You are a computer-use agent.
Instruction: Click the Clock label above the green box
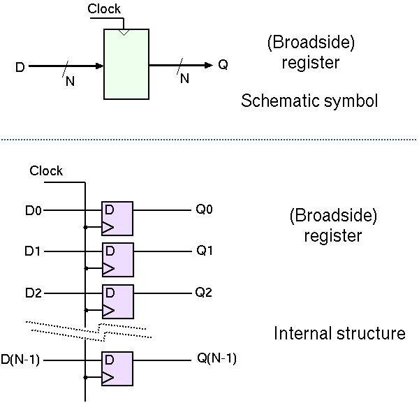[104, 9]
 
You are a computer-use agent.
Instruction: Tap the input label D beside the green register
[20, 67]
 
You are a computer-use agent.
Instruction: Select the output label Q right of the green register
[223, 66]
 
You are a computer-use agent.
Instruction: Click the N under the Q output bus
[184, 79]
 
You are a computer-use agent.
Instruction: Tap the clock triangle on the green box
[124, 32]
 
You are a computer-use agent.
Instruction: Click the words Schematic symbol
[309, 101]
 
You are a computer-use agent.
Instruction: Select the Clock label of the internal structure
[46, 171]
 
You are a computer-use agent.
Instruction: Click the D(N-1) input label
[22, 360]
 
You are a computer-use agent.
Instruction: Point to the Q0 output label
[204, 209]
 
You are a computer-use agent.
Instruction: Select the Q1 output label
[204, 250]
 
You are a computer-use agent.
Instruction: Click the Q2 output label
[204, 292]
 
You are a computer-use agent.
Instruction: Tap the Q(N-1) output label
[217, 360]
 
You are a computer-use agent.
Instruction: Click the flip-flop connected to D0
[117, 219]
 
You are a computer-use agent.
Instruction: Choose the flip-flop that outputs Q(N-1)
[117, 369]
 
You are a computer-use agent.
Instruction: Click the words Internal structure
[339, 334]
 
